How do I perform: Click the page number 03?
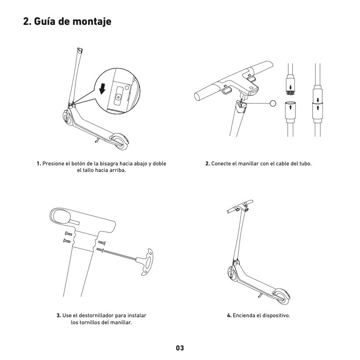180,348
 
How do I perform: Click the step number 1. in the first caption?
39,164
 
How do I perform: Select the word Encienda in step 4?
244,315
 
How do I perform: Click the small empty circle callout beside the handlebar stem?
273,103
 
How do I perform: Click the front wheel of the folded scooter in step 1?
68,118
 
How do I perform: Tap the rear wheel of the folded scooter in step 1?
118,140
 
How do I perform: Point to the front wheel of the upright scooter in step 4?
232,274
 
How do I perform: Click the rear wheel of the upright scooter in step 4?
281,295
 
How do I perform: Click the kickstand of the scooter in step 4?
260,296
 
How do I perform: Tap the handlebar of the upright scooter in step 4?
240,206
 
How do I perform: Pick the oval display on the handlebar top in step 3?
61,216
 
